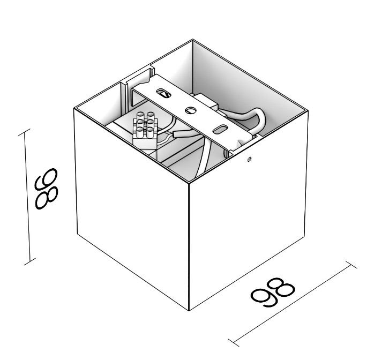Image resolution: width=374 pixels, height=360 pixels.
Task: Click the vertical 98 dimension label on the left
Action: coord(46,189)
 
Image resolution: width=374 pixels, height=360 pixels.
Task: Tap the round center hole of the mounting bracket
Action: coord(191,110)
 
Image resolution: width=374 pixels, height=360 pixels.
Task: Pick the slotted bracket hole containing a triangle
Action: coord(163,93)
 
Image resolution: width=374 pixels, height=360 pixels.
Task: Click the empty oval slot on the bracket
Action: coord(220,129)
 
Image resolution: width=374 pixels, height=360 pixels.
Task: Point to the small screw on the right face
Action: coord(249,159)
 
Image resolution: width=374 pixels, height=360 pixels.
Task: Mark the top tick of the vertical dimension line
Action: coord(24,132)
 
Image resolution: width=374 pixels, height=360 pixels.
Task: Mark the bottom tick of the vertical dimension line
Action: coord(30,261)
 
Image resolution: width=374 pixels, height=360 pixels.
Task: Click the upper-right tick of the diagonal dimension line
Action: coord(351,265)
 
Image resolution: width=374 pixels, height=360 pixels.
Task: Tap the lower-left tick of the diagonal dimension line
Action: coord(234,343)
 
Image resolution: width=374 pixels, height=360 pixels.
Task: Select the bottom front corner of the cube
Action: coord(189,311)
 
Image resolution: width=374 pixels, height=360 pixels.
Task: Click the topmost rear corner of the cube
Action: coord(193,40)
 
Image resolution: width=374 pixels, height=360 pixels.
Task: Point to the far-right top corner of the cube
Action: coord(308,111)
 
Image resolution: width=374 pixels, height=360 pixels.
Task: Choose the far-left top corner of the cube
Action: coord(74,109)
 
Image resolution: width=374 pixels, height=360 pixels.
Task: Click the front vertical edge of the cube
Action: coord(189,247)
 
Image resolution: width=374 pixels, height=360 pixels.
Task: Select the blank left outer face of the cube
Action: coord(131,207)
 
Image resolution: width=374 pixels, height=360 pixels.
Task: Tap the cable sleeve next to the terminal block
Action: coord(183,133)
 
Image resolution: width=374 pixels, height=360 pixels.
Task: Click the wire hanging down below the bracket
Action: coord(203,157)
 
